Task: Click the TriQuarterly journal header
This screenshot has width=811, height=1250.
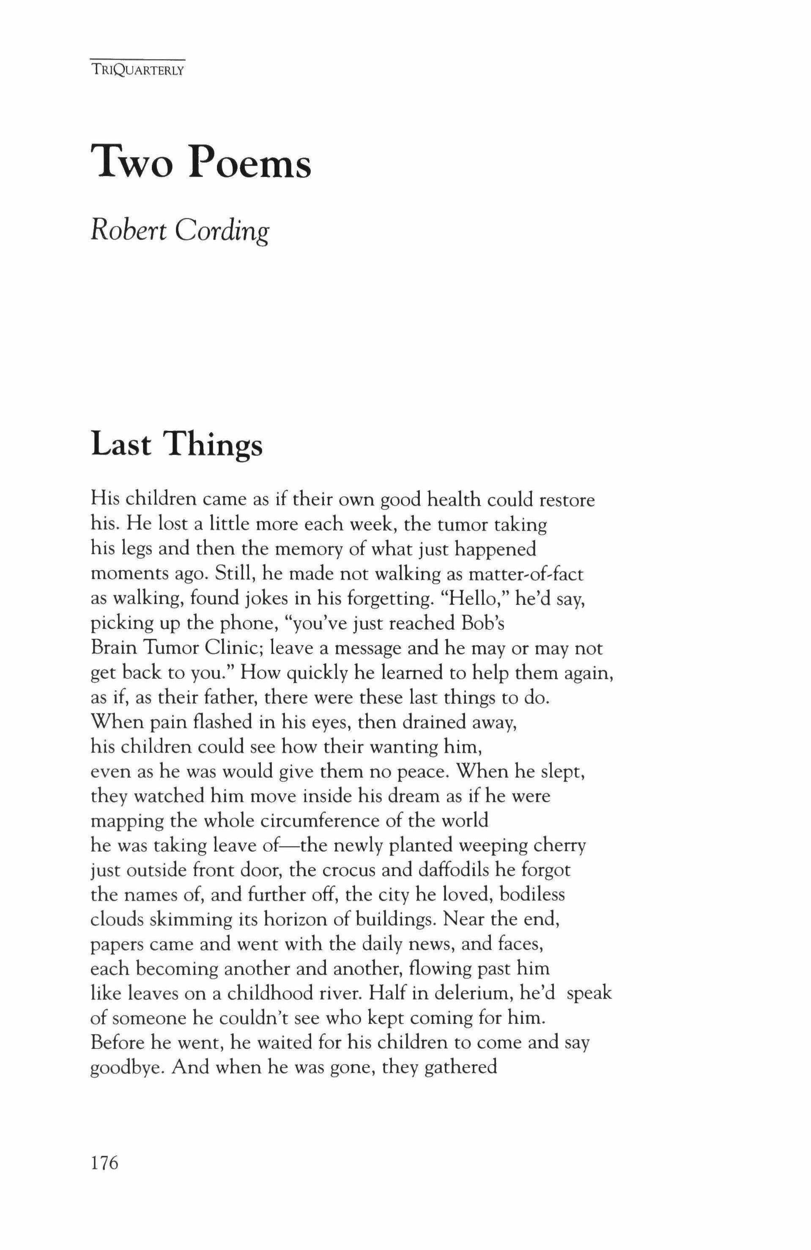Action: pyautogui.click(x=137, y=71)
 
